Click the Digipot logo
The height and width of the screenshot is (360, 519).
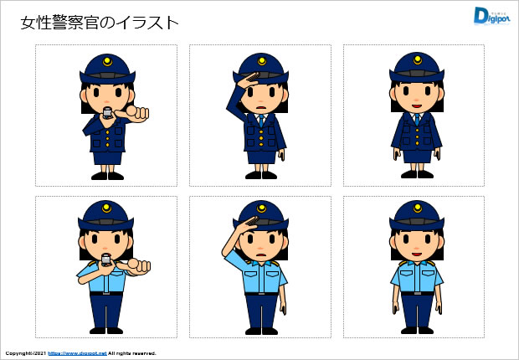click(491, 16)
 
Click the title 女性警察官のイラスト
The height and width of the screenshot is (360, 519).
click(100, 23)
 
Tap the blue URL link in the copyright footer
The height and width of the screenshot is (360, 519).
click(78, 353)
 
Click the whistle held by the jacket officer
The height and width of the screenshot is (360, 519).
click(107, 113)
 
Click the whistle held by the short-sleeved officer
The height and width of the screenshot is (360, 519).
click(106, 260)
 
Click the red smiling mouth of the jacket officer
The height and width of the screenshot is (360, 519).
click(417, 106)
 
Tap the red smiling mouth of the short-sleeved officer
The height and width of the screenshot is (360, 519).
click(417, 254)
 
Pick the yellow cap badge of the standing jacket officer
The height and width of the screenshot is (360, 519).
click(418, 60)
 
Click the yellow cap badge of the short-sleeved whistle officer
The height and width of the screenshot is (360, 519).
click(106, 208)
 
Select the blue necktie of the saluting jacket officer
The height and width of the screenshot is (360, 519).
click(261, 121)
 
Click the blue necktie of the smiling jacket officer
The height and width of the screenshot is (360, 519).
click(417, 119)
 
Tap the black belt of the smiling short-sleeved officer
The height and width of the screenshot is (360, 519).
click(417, 293)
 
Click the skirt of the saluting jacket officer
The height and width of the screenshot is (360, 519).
click(261, 157)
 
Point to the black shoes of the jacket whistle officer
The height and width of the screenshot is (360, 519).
click(107, 176)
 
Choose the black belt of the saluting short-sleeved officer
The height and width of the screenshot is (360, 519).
click(261, 294)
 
